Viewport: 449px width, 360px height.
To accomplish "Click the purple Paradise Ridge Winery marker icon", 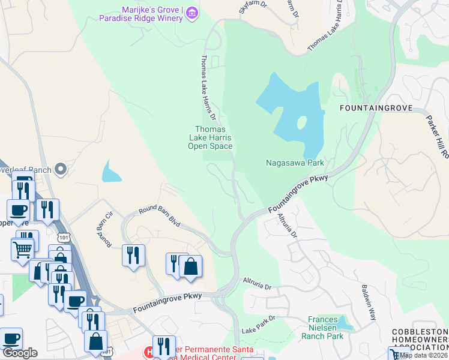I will pyautogui.click(x=192, y=13).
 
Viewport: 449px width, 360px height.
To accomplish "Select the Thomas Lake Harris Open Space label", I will pyautogui.click(x=210, y=137).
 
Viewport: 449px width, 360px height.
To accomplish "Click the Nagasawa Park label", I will pyautogui.click(x=295, y=163).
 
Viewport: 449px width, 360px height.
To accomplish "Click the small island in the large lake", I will pyautogui.click(x=301, y=122).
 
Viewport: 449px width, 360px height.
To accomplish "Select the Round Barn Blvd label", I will pyautogui.click(x=160, y=216).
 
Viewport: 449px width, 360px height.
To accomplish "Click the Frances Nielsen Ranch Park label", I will pyautogui.click(x=327, y=328).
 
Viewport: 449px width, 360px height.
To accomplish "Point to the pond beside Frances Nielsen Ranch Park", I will pyautogui.click(x=343, y=323).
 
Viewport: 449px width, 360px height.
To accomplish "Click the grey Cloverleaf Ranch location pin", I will pyautogui.click(x=60, y=170).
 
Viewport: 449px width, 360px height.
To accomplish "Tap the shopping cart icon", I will pyautogui.click(x=22, y=248).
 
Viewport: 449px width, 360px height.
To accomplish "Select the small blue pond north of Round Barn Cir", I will pyautogui.click(x=111, y=172).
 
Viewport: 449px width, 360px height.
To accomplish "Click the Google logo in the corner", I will pyautogui.click(x=19, y=352).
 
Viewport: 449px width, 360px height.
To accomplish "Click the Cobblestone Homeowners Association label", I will pyautogui.click(x=420, y=340).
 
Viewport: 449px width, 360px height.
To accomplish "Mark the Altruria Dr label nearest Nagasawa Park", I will pyautogui.click(x=286, y=226).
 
